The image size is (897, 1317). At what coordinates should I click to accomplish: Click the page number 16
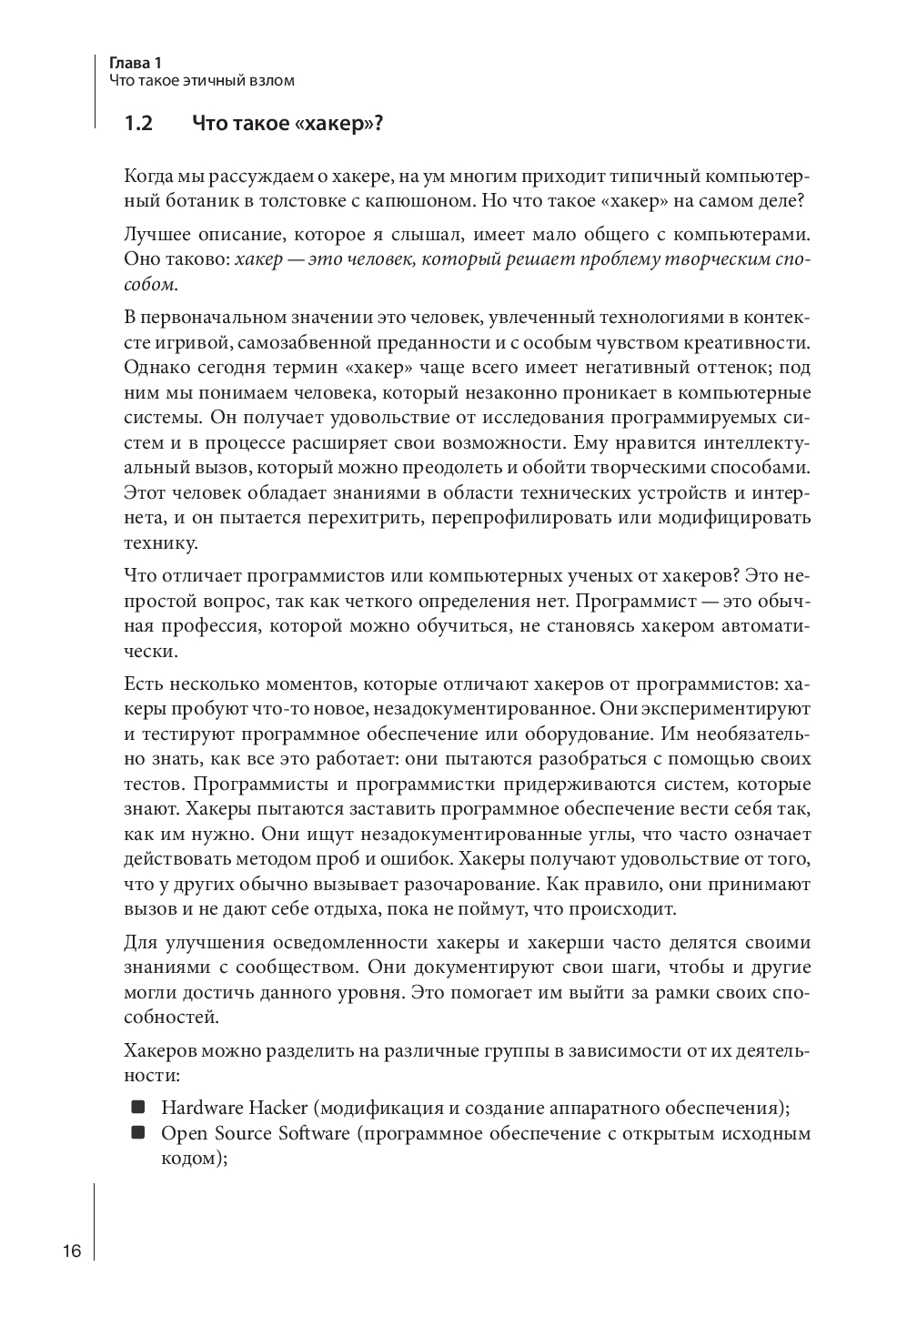coord(72,1251)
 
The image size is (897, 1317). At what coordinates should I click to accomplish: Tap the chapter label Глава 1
coord(135,63)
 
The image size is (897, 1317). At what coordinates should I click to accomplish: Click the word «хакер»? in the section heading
coord(339,124)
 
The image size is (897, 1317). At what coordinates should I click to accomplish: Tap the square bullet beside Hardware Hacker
coord(138,1107)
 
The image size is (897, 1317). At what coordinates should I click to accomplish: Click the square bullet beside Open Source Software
coord(138,1133)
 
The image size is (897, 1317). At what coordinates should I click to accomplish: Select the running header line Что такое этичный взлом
coord(201,81)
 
